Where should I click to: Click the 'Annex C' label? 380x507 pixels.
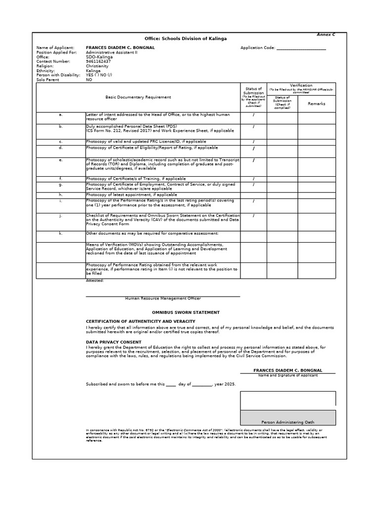tap(326, 35)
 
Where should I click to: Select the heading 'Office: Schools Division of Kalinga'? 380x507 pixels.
tap(186, 39)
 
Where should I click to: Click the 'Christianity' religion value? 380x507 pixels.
tap(97, 65)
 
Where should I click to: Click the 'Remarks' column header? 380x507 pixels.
tap(317, 103)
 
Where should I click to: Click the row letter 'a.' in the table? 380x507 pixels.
tap(60, 114)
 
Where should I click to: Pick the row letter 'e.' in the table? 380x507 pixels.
tap(60, 160)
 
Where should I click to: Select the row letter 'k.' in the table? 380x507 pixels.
tap(60, 233)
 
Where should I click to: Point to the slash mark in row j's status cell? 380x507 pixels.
tap(253, 215)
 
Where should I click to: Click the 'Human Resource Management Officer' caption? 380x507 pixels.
tap(163, 299)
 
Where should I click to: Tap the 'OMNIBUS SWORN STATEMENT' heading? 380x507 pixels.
tap(186, 312)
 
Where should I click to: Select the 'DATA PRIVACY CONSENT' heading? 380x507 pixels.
tap(113, 342)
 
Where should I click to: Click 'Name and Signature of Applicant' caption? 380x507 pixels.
tap(287, 375)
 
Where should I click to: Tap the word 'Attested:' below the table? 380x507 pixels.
tap(95, 280)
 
